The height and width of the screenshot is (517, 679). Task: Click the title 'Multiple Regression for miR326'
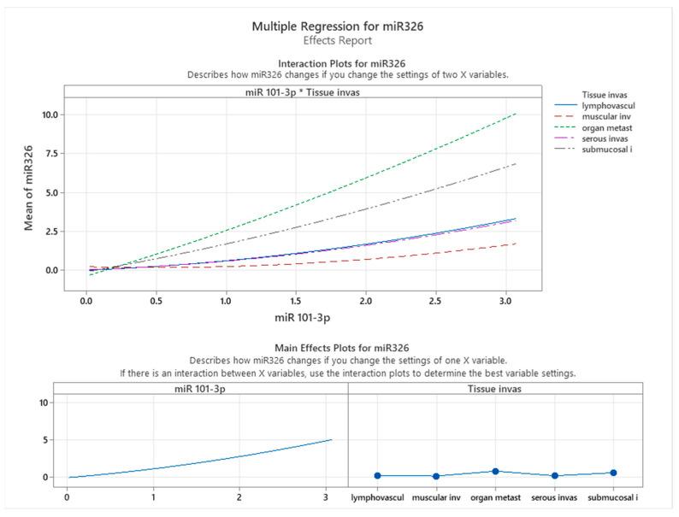click(337, 26)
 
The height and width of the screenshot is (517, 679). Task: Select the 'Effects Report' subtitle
click(337, 40)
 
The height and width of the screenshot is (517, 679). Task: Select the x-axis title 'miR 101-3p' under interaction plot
click(303, 318)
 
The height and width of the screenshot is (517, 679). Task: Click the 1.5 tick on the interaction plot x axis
click(296, 301)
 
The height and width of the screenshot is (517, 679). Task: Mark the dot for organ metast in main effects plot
click(495, 471)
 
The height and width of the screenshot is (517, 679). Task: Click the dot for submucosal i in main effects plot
click(613, 473)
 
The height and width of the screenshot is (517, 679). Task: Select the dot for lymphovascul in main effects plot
click(378, 475)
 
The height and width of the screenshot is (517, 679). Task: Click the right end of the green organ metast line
click(517, 114)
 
